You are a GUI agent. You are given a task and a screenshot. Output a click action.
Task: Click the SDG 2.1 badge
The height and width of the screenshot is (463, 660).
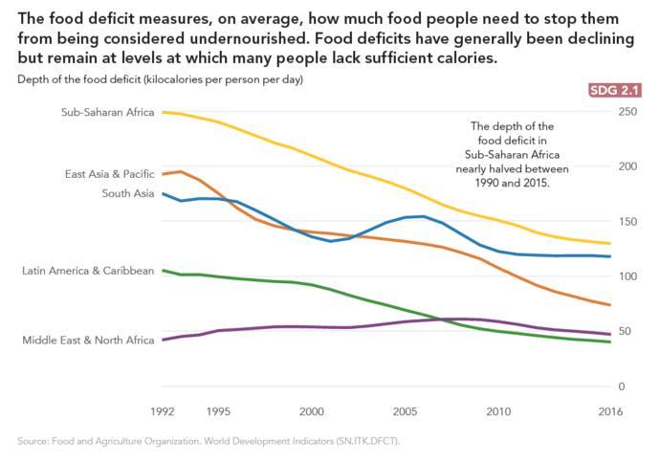pyautogui.click(x=621, y=91)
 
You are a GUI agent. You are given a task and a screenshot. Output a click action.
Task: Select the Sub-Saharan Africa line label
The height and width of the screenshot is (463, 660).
pyautogui.click(x=107, y=112)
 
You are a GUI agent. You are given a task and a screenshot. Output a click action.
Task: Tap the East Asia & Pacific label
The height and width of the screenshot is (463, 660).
pyautogui.click(x=109, y=174)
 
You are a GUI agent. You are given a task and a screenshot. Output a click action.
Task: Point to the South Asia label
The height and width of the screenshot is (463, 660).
pyautogui.click(x=127, y=193)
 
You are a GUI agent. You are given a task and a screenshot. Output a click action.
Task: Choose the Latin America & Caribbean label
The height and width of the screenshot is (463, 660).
pyautogui.click(x=88, y=272)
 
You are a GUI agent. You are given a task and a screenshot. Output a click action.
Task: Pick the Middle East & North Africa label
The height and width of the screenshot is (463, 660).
pyautogui.click(x=88, y=340)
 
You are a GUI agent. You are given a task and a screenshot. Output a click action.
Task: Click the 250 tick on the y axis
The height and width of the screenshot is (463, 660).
pyautogui.click(x=627, y=113)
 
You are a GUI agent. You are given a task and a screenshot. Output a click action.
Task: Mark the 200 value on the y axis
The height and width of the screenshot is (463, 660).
pyautogui.click(x=627, y=167)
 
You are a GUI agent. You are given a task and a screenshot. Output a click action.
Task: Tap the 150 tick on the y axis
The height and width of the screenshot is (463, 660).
pyautogui.click(x=627, y=222)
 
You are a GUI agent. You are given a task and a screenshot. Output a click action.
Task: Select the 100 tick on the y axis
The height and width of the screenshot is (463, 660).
pyautogui.click(x=627, y=276)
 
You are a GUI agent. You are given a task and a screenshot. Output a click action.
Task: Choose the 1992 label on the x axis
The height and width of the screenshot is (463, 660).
pyautogui.click(x=165, y=412)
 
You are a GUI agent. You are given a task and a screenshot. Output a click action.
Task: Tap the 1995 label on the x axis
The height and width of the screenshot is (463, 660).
pyautogui.click(x=217, y=412)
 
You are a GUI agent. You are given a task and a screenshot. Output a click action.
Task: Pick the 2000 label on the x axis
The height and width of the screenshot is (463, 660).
pyautogui.click(x=311, y=412)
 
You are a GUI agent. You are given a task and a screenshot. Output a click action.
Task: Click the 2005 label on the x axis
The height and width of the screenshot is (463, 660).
pyautogui.click(x=404, y=412)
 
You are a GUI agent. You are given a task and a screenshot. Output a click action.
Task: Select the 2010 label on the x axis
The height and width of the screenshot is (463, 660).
pyautogui.click(x=497, y=412)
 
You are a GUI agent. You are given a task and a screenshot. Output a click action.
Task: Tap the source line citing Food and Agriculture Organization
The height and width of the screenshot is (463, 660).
pyautogui.click(x=209, y=441)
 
